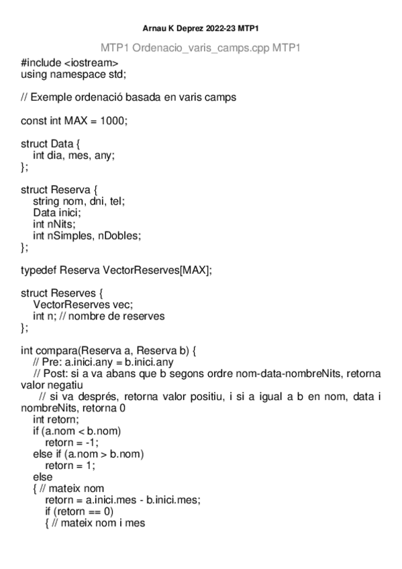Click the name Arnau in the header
pos(155,29)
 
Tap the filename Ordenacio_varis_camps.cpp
pos(201,49)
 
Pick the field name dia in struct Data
pos(56,156)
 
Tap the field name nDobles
pos(120,236)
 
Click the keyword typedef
pos(38,270)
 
